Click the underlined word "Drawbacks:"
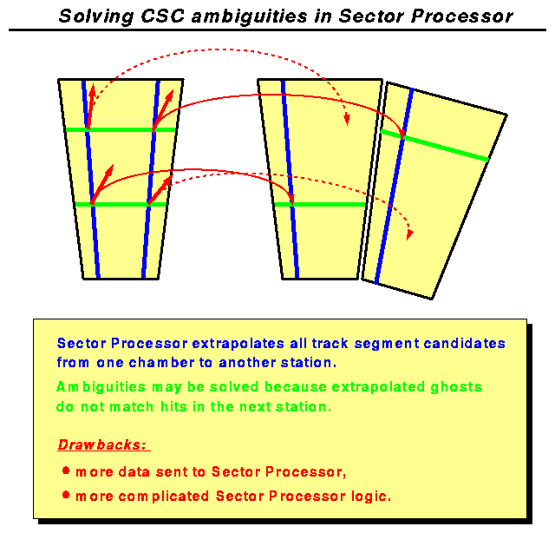[x=103, y=445]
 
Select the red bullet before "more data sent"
[x=66, y=470]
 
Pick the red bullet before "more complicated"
[x=66, y=496]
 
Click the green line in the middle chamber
[x=330, y=204]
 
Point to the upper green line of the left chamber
[x=121, y=129]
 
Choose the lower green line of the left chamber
[x=121, y=204]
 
